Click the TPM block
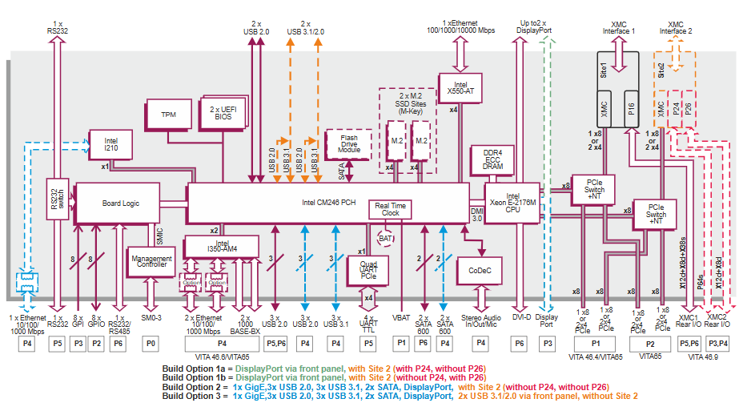coord(168,115)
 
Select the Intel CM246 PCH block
coord(327,203)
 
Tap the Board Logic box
coord(120,203)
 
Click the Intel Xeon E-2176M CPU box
coord(512,203)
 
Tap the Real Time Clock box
coord(390,209)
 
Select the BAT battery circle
coord(385,239)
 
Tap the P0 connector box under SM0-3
coord(151,343)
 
